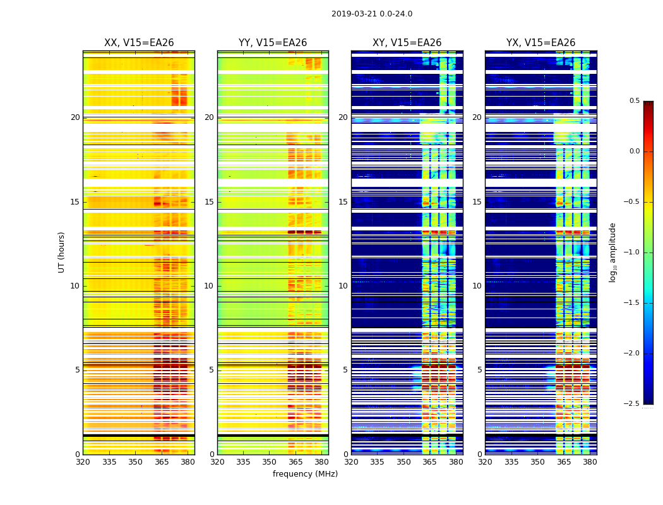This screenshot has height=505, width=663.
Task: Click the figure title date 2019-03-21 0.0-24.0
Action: tap(372, 14)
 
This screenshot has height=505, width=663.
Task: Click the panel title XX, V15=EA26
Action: tap(139, 43)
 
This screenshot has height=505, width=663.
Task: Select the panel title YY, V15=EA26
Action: tap(273, 43)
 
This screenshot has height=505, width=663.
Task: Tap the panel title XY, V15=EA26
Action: tap(407, 43)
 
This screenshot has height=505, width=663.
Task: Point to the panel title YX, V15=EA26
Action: tap(541, 43)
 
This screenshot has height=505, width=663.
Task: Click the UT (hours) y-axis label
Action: tap(62, 252)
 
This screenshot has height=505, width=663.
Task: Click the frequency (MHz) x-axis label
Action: tap(305, 474)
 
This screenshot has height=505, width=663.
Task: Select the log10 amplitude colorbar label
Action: tap(612, 252)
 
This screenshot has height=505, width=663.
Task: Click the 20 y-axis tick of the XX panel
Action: tap(75, 117)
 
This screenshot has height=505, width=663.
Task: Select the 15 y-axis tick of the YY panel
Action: tap(210, 202)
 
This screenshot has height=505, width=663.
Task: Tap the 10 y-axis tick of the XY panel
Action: tap(343, 286)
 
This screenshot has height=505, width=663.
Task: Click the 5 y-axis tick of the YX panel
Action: tap(479, 370)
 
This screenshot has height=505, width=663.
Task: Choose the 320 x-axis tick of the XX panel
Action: tap(83, 463)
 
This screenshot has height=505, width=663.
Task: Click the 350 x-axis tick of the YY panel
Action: tap(270, 463)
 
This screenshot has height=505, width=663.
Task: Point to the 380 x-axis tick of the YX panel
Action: tap(590, 463)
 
